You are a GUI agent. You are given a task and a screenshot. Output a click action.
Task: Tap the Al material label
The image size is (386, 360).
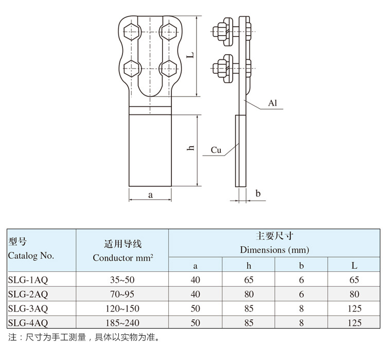pyautogui.click(x=273, y=104)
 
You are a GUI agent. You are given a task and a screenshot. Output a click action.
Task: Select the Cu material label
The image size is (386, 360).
pyautogui.click(x=216, y=150)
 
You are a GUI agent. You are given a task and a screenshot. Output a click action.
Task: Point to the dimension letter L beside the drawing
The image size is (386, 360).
pyautogui.click(x=190, y=55)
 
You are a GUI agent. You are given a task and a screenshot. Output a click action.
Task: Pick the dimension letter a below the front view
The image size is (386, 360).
pyautogui.click(x=150, y=195)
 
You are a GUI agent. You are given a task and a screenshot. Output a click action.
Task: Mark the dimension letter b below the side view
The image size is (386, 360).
pyautogui.click(x=258, y=194)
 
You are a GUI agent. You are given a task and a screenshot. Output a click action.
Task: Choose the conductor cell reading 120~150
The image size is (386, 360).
pyautogui.click(x=122, y=308)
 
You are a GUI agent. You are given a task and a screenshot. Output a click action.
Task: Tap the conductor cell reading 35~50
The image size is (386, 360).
pyautogui.click(x=122, y=280)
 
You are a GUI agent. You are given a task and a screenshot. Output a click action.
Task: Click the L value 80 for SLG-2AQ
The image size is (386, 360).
pyautogui.click(x=354, y=295)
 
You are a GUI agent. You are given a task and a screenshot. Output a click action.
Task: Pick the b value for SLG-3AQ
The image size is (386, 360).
pyautogui.click(x=301, y=308)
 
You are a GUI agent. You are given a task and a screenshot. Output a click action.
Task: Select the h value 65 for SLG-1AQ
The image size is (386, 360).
pyautogui.click(x=249, y=280)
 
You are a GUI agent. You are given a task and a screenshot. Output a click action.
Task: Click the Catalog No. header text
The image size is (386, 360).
pyautogui.click(x=31, y=255)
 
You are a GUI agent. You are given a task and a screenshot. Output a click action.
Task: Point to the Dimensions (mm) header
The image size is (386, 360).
pyautogui.click(x=274, y=250)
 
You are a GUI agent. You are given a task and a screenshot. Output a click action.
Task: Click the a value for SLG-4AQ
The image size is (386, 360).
pyautogui.click(x=195, y=323)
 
